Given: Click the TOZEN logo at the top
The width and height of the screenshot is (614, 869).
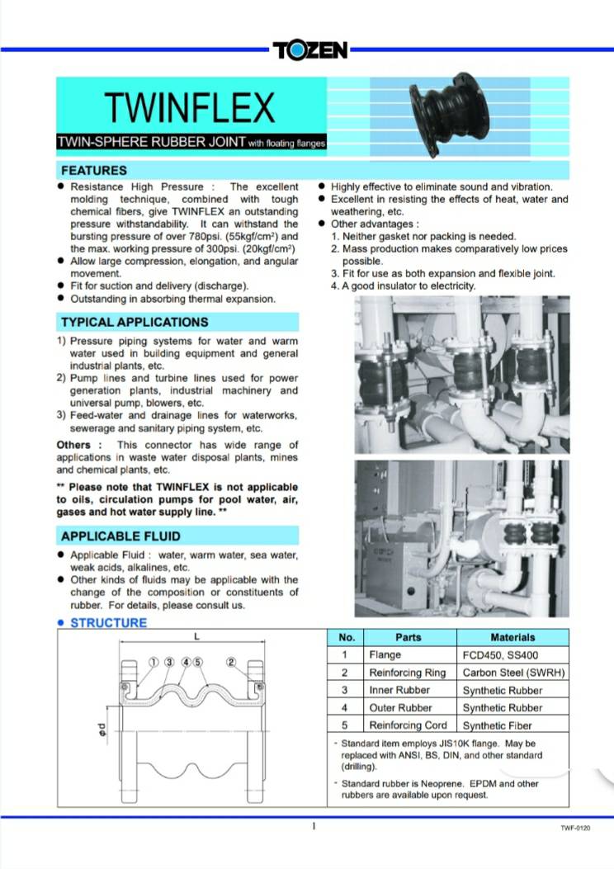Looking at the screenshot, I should (x=310, y=50).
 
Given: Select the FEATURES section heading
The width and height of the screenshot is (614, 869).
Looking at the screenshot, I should (x=94, y=171).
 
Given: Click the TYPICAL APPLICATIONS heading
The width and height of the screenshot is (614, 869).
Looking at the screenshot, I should (x=135, y=322).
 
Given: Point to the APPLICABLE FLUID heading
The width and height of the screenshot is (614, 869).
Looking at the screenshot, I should (x=120, y=536).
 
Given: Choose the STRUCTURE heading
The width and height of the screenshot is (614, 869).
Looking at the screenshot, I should (x=108, y=623).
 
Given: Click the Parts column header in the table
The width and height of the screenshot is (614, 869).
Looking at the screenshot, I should (x=408, y=637).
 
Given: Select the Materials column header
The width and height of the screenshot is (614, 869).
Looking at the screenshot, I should (x=512, y=637).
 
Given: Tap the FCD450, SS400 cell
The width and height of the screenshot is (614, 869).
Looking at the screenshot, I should (x=498, y=654).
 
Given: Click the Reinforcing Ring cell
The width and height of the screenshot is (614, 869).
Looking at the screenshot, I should (x=407, y=673).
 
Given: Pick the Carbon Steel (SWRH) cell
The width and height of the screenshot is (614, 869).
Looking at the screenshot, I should (x=513, y=673).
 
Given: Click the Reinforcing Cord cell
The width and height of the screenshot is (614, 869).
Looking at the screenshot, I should (x=408, y=725).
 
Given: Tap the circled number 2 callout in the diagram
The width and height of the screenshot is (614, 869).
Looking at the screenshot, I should (x=231, y=662).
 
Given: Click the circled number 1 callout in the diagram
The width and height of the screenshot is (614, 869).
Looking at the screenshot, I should (x=153, y=662).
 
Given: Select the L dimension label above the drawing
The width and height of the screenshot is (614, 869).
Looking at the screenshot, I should (x=195, y=637).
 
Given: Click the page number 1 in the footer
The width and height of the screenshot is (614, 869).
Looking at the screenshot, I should (x=314, y=826).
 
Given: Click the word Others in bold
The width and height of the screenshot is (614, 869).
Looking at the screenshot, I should (x=73, y=445).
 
